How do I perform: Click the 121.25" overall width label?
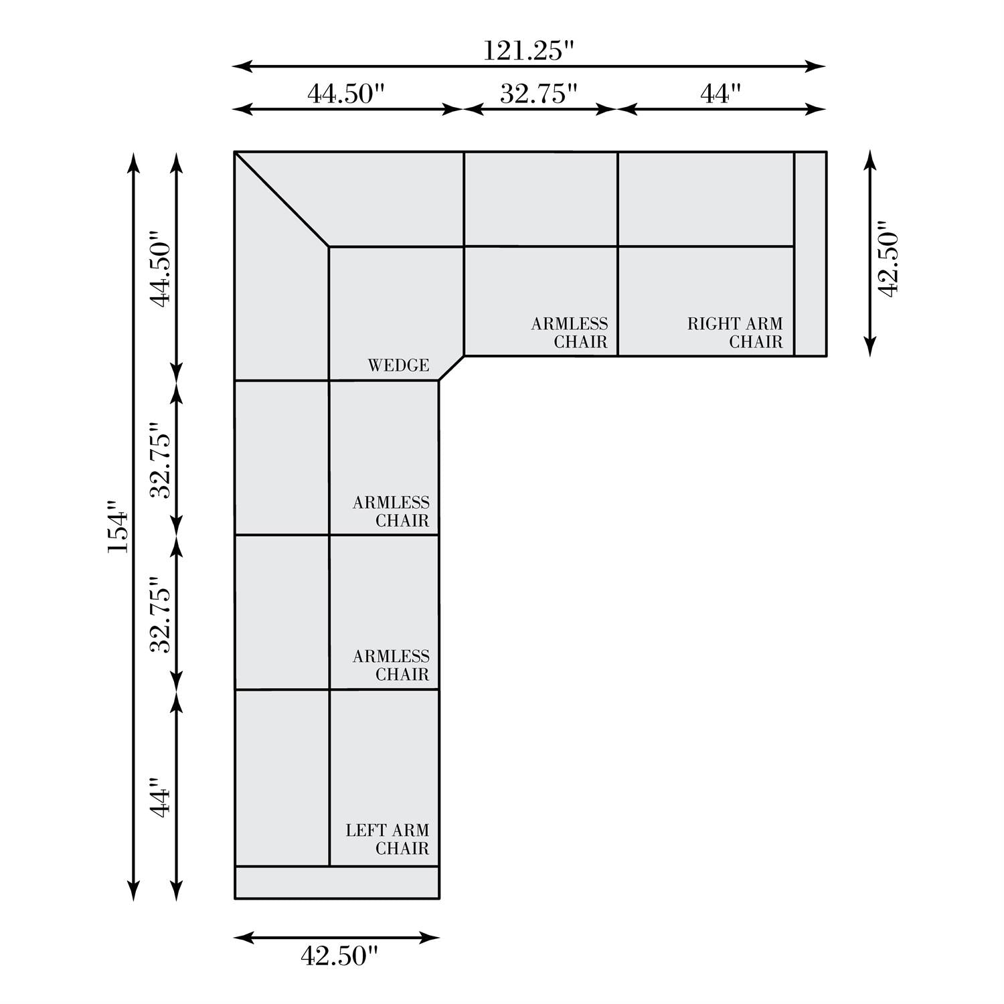[529, 51]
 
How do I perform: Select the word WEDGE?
[398, 365]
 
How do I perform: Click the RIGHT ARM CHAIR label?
[735, 333]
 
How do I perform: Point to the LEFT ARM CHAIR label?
[388, 839]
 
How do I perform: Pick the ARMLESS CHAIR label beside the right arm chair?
[570, 333]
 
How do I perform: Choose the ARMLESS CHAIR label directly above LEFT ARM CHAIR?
[391, 665]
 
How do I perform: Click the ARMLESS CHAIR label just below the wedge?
[391, 511]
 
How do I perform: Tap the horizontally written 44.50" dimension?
[347, 94]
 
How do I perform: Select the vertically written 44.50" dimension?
[161, 270]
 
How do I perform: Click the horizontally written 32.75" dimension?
[539, 94]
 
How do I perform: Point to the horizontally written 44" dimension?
[721, 94]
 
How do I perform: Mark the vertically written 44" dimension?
[161, 797]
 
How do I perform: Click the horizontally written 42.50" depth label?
[339, 956]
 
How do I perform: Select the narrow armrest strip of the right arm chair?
[810, 254]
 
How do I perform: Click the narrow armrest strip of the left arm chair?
[337, 882]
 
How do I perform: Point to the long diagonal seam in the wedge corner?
[282, 199]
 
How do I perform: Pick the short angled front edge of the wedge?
[451, 367]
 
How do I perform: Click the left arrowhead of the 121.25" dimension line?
[242, 66]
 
